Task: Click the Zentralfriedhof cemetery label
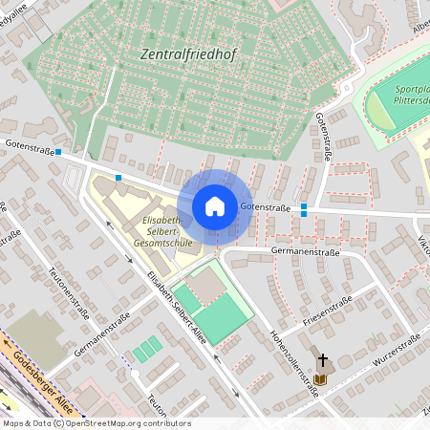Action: (x=187, y=55)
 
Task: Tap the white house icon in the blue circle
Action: (x=215, y=205)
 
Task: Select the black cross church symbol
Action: (x=322, y=360)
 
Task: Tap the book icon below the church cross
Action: (x=320, y=379)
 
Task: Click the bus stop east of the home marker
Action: (x=304, y=209)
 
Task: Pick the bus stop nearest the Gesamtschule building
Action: (x=118, y=177)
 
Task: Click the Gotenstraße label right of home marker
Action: (x=265, y=206)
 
